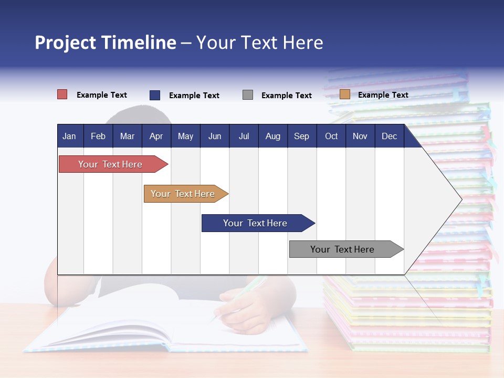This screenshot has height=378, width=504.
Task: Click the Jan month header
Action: [69, 136]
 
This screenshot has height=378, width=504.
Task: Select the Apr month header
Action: [156, 136]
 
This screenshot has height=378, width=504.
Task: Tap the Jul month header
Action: [244, 136]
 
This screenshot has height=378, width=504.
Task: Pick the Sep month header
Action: [301, 136]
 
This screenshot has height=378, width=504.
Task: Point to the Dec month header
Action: [389, 136]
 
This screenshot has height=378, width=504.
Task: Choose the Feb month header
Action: [98, 136]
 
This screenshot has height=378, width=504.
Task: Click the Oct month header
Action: [331, 136]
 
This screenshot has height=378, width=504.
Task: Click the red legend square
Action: [62, 94]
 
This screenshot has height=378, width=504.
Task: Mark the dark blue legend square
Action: [155, 95]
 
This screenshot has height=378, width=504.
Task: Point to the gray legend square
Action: [248, 95]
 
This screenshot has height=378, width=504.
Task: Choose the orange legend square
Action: [345, 94]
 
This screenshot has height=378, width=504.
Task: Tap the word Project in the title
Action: [65, 43]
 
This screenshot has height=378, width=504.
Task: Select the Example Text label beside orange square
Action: [383, 95]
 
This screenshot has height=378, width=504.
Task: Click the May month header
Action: [185, 136]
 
